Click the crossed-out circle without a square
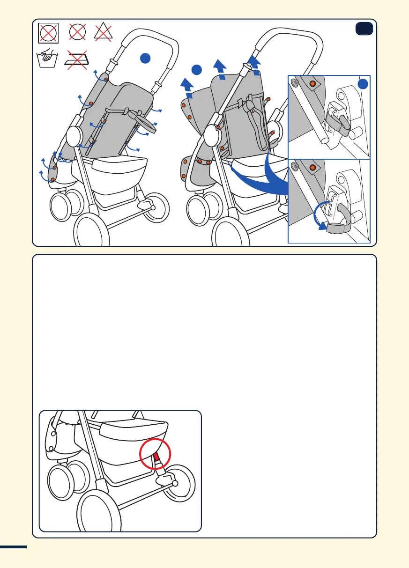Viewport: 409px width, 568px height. pyautogui.click(x=78, y=33)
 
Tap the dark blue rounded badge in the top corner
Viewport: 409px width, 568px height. pyautogui.click(x=364, y=29)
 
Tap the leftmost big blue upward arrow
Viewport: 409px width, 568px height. pyautogui.click(x=187, y=87)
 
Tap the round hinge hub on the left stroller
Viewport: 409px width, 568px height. pyautogui.click(x=74, y=135)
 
